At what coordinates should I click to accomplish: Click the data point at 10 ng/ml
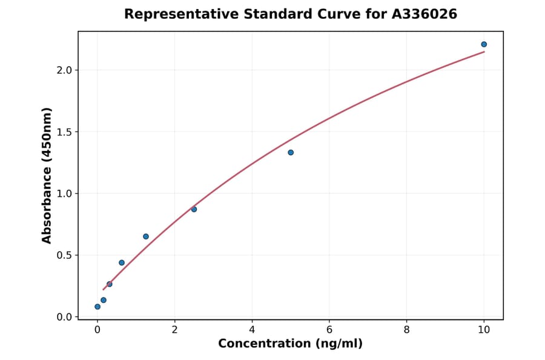[484, 44]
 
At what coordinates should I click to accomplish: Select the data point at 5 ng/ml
[291, 152]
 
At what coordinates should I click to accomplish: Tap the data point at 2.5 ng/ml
[194, 209]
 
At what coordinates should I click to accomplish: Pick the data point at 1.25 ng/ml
[146, 236]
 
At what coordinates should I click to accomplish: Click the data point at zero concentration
[97, 307]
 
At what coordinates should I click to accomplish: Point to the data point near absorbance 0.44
[122, 262]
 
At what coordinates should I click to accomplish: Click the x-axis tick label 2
[174, 330]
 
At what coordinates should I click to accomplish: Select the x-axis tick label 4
[252, 330]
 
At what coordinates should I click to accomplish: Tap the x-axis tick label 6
[329, 330]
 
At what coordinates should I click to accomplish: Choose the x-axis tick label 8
[406, 330]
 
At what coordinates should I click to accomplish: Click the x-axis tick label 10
[484, 330]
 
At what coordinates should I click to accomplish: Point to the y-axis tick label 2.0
[64, 70]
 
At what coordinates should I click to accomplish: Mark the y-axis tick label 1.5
[64, 132]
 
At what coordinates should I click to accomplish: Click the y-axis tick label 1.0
[64, 194]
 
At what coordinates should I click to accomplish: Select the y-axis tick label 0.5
[64, 255]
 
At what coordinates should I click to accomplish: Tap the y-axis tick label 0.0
[64, 317]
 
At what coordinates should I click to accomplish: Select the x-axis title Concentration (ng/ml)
[290, 344]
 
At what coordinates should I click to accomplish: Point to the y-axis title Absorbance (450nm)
[47, 175]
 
